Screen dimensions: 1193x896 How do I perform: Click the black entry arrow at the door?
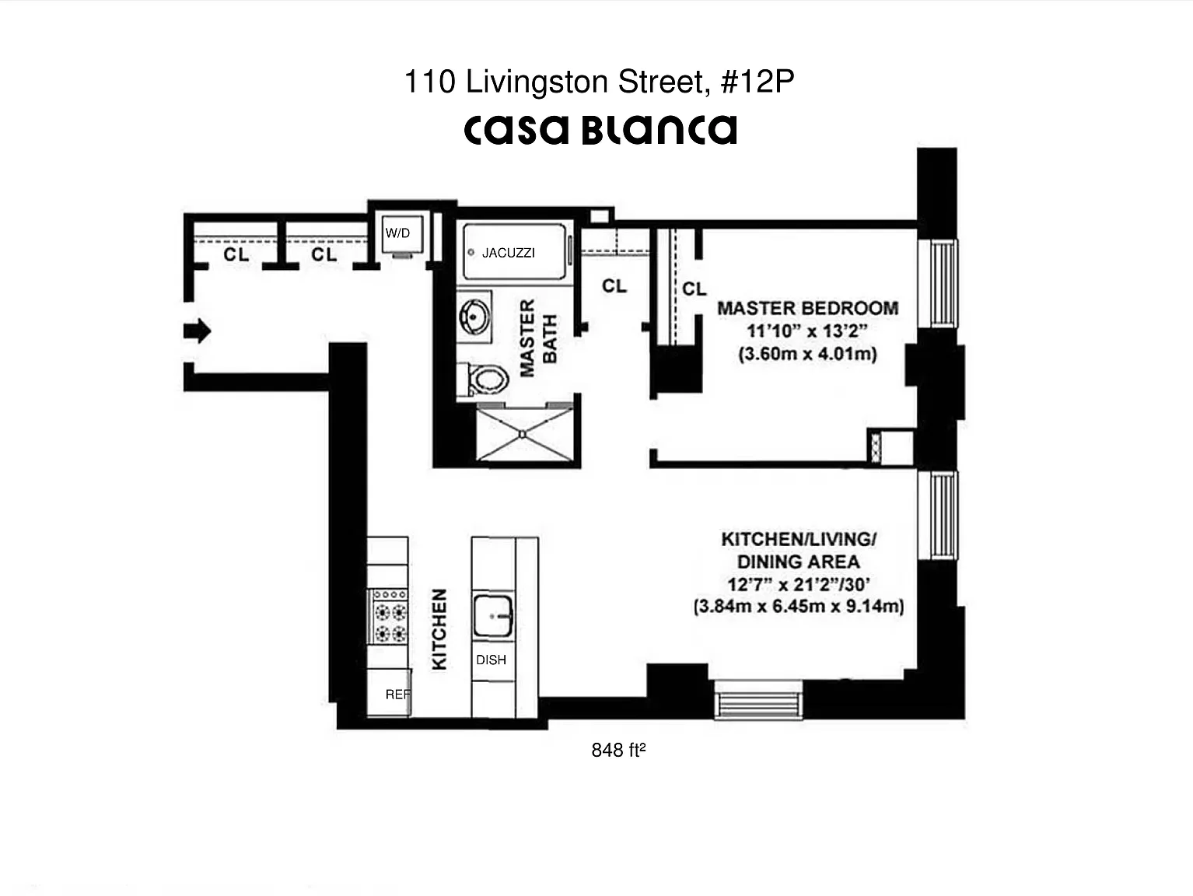coord(198,331)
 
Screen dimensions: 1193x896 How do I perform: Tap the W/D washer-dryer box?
coord(402,234)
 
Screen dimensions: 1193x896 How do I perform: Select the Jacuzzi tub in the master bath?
coord(514,251)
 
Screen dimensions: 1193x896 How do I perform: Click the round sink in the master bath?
coord(474,317)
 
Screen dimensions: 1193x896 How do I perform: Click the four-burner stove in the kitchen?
coord(387,616)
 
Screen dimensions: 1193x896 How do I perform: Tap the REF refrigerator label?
coord(398,694)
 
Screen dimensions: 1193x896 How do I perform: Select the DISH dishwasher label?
coord(492,660)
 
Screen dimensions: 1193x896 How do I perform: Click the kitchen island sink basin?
coord(493,616)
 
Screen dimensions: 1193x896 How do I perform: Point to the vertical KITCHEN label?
coord(439,629)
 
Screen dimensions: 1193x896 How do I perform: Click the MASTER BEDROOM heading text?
coord(808,308)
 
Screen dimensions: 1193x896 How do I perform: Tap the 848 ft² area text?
coord(618,750)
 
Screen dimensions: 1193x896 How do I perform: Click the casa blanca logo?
coord(600,130)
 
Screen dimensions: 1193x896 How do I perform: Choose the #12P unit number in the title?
coord(757,82)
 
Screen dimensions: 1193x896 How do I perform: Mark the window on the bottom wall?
coord(758,699)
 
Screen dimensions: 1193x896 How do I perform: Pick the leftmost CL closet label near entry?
coord(236,254)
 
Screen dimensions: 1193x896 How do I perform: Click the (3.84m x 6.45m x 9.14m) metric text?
coord(799,606)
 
